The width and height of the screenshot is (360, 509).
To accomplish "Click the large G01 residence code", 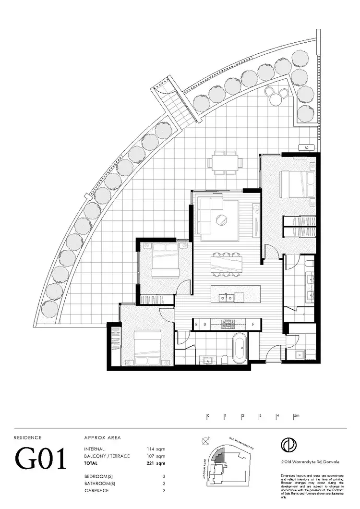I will [41, 460].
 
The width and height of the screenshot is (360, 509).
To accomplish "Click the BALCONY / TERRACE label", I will [107, 456].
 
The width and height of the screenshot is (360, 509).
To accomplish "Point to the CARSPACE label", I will [96, 491].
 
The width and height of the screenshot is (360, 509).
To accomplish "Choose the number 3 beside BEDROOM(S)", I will [164, 477].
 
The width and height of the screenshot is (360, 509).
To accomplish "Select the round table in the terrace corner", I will [276, 99].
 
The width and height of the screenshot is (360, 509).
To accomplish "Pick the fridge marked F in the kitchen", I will [253, 325].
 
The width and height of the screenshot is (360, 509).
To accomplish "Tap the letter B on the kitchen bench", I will [196, 325].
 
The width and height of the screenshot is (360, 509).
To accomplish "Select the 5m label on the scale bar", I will [297, 415].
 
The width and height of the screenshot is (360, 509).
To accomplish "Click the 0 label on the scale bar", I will [208, 415].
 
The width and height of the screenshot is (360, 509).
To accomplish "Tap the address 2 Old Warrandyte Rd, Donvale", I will [311, 461].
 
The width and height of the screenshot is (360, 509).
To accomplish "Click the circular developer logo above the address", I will [289, 444].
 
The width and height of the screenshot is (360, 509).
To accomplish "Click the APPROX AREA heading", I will [102, 437].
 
